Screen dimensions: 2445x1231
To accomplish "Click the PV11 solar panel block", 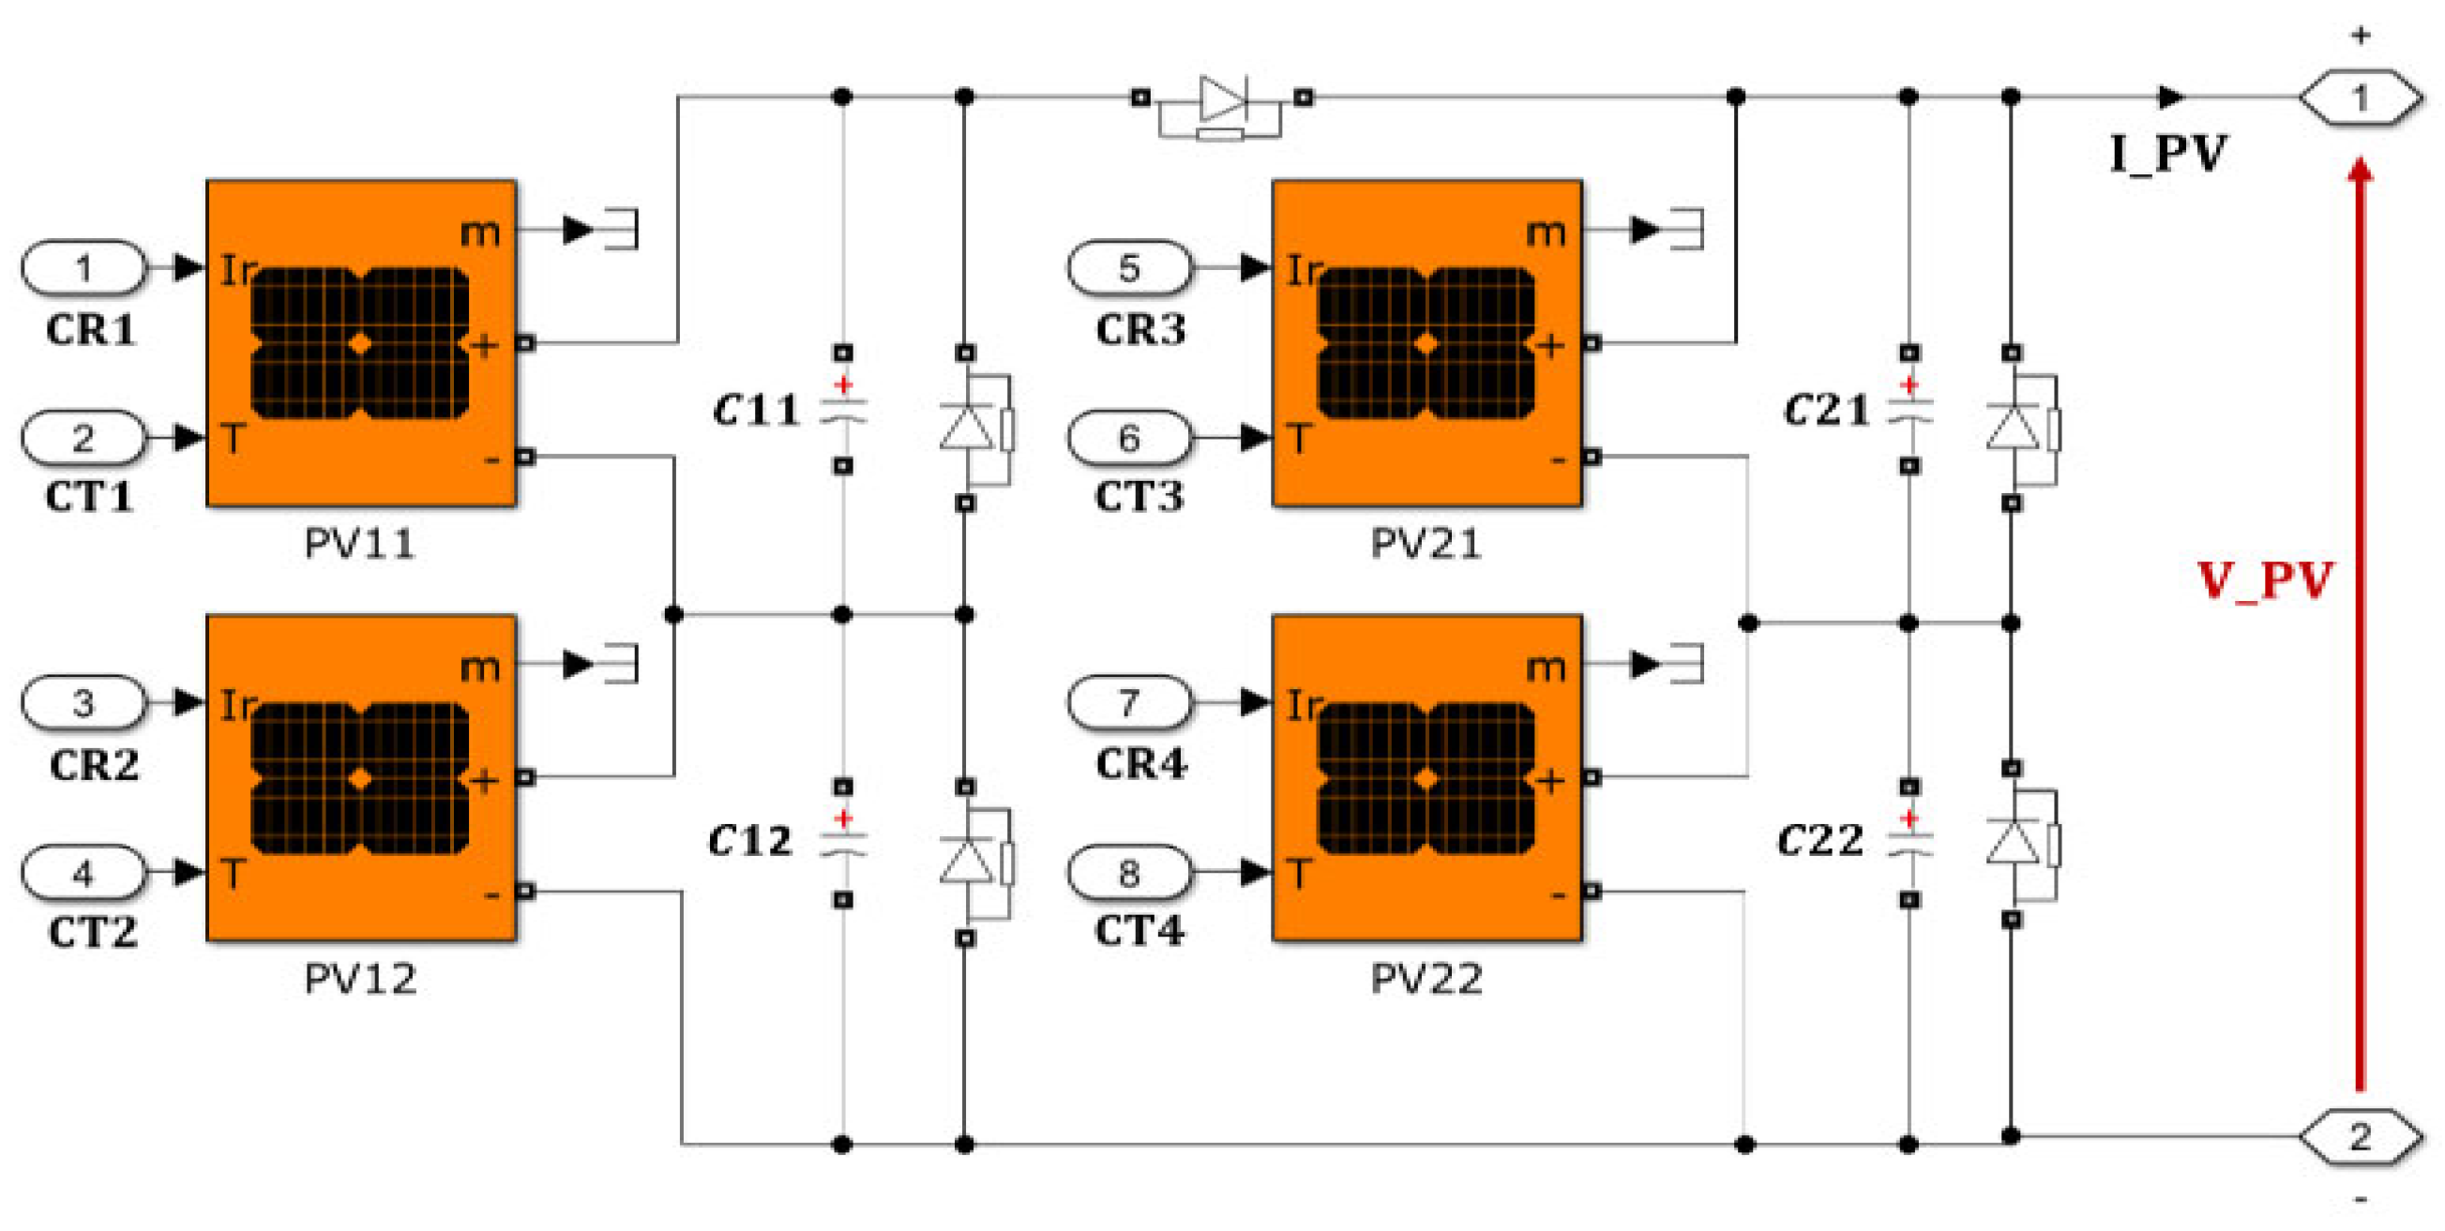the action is (x=362, y=342).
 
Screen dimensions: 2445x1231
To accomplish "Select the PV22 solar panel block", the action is (x=1427, y=777).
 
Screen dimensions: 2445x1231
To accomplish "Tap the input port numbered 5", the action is (x=1128, y=267).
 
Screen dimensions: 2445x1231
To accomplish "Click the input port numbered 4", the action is (x=83, y=872).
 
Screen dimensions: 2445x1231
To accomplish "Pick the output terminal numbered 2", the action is (x=2360, y=1136).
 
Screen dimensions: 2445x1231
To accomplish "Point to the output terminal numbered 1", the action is (x=2360, y=97).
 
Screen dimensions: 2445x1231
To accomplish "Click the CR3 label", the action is (x=1139, y=329).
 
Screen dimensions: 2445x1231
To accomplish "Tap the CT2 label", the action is (x=92, y=932).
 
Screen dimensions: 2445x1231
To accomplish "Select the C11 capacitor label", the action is (x=756, y=410).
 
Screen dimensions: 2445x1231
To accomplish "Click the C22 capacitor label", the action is (x=1820, y=840).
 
